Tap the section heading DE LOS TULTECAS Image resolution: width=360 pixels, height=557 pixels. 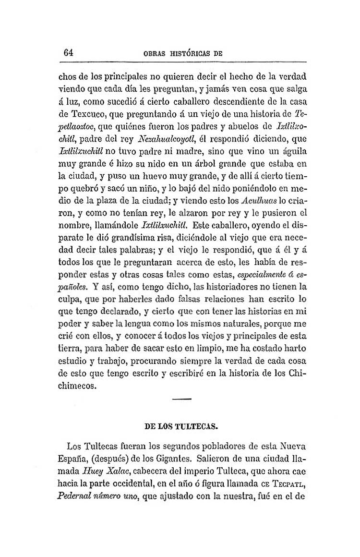181,425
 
